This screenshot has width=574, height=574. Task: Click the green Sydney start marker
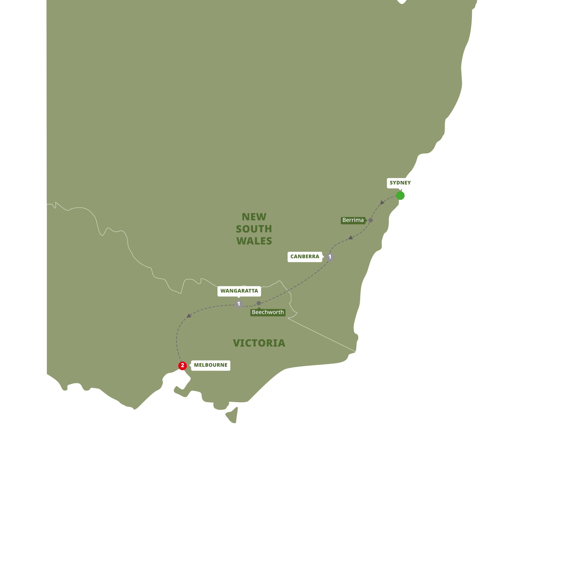(x=400, y=196)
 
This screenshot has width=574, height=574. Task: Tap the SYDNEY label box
(x=400, y=183)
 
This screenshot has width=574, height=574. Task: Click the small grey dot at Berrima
(x=370, y=220)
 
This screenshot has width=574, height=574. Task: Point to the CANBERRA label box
(x=304, y=256)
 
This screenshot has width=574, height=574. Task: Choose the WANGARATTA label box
(x=239, y=291)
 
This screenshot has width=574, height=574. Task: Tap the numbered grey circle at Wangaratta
(x=239, y=304)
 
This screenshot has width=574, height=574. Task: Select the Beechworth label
(x=268, y=312)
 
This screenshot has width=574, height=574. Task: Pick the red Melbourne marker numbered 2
(x=182, y=365)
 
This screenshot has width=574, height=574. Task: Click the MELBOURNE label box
(x=210, y=365)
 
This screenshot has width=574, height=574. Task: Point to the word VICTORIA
(x=259, y=343)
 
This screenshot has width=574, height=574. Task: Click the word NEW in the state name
(x=254, y=217)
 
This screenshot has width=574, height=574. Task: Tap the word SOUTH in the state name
(x=254, y=229)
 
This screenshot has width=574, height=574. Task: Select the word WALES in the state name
(x=254, y=241)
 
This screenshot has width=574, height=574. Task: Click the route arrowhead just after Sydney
(x=382, y=203)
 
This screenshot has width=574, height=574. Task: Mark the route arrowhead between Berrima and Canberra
(x=351, y=237)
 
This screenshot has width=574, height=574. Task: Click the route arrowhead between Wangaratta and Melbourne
(x=189, y=316)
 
